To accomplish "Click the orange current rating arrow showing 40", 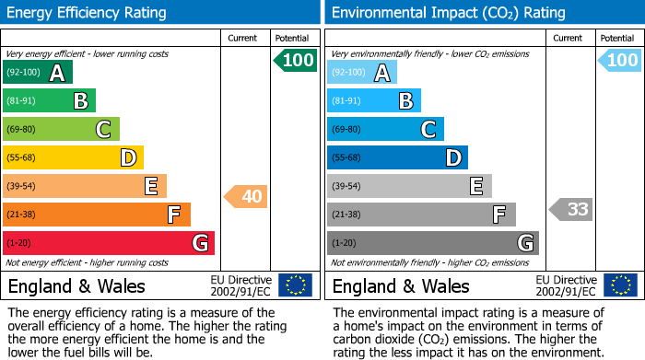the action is click(x=246, y=196).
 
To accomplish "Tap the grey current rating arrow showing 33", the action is click(x=571, y=209).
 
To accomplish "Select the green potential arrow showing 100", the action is click(x=296, y=61).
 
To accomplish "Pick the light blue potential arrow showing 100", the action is click(x=619, y=60).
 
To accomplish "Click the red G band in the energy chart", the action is click(x=109, y=243).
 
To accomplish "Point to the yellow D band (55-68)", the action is click(x=73, y=157).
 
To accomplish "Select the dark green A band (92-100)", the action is click(x=38, y=72).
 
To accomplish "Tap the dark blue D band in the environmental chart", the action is click(x=397, y=157).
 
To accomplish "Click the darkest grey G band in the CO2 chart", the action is click(x=433, y=243).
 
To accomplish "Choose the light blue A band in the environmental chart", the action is click(x=362, y=72).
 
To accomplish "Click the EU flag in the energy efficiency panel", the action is click(x=296, y=285).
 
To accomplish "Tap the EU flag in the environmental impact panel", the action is click(x=620, y=285).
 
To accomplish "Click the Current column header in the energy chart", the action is click(x=242, y=39).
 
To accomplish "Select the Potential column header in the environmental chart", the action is click(x=617, y=39).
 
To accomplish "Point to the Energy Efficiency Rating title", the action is click(x=87, y=13).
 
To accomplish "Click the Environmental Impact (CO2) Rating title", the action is click(x=449, y=13).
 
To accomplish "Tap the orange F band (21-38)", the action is click(x=97, y=215).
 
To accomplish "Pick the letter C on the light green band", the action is click(x=103, y=129).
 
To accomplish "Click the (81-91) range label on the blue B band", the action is click(x=346, y=100).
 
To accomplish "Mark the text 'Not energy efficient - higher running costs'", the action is click(x=87, y=262).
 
